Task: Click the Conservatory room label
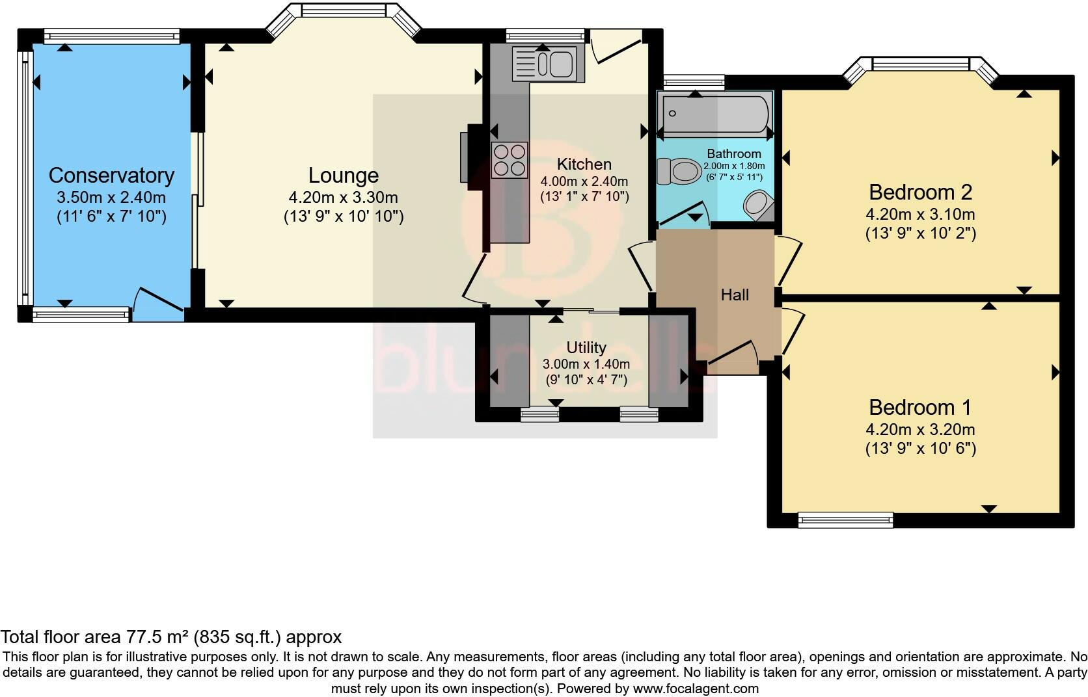[111, 176]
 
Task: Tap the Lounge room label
[343, 176]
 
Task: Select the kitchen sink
[548, 64]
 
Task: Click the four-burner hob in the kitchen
[510, 160]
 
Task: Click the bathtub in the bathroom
[714, 114]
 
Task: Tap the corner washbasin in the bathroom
[758, 205]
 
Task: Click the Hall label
[735, 295]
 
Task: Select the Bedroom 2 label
[920, 192]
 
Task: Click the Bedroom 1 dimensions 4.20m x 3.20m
[920, 429]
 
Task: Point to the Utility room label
[586, 348]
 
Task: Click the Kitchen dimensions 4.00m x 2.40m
[584, 181]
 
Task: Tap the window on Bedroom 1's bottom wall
[845, 519]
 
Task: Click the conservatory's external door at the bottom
[158, 306]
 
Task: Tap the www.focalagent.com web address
[695, 688]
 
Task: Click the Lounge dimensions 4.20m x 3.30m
[343, 197]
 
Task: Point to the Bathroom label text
[734, 154]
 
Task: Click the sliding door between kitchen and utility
[591, 311]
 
